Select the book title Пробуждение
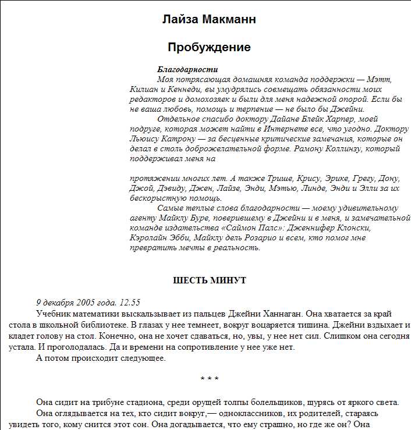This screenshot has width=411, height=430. [209, 47]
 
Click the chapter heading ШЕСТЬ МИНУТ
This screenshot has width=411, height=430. [210, 280]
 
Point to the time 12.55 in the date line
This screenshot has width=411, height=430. [129, 303]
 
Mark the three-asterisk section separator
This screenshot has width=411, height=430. [210, 379]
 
